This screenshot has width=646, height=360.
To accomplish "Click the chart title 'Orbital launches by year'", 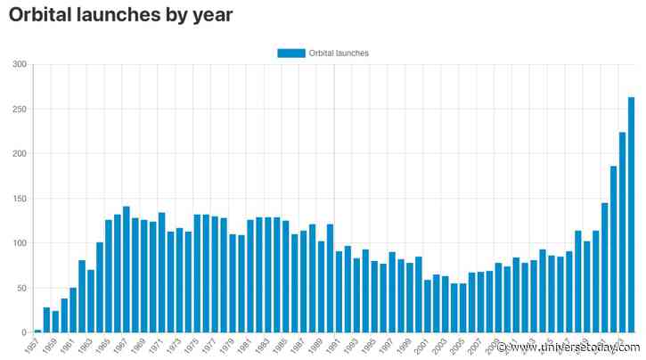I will [120, 15].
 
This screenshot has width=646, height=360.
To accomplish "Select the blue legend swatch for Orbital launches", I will [290, 53].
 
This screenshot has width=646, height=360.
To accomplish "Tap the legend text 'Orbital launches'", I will [339, 53].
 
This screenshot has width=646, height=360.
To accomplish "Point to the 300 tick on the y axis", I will [20, 64].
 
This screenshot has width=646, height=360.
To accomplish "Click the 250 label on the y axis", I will [20, 109].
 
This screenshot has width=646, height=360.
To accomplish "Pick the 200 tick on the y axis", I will [20, 153].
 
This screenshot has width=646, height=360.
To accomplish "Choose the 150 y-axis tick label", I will [20, 199].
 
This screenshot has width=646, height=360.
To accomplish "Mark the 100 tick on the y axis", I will [20, 243].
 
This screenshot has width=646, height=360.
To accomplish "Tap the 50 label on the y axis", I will [21, 288].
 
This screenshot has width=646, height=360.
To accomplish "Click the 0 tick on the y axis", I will [24, 332].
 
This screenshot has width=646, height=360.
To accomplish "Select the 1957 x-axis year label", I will [33, 345].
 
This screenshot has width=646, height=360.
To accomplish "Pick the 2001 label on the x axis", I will [422, 345].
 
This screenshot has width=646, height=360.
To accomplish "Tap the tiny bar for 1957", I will [37, 331].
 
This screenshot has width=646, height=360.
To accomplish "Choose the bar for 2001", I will [428, 307].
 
